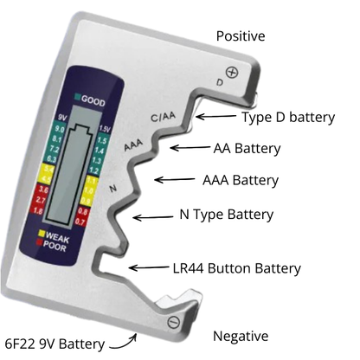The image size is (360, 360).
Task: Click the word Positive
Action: click(x=240, y=36)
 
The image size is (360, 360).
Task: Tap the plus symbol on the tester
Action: click(x=231, y=71)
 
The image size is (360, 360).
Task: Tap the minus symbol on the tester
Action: click(x=173, y=322)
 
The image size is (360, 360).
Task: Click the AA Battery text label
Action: click(x=247, y=148)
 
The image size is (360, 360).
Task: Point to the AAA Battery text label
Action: click(x=240, y=181)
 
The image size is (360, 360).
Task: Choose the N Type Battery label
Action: click(x=226, y=215)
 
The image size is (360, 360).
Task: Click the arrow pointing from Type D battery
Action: click(x=215, y=116)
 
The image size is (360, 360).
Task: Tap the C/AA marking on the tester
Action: click(x=164, y=117)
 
